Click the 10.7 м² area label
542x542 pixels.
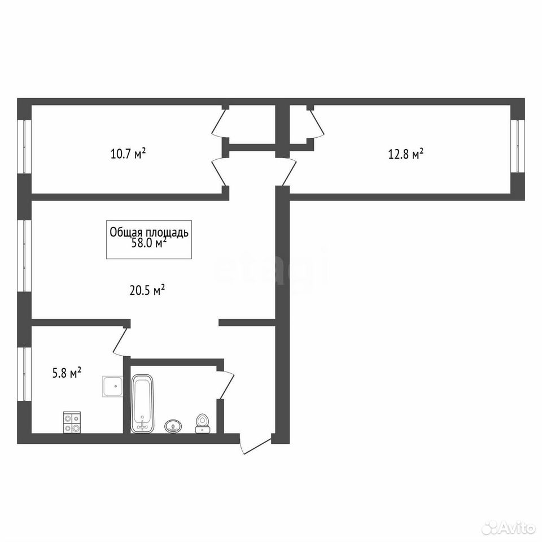pos(128,154)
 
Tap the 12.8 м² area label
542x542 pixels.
pos(406,154)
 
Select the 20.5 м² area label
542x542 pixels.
pos(147,290)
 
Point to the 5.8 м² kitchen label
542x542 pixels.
pos(67,373)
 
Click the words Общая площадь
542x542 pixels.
pos(149,232)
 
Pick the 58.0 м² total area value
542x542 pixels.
pos(149,243)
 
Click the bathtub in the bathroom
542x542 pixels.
pos(142,404)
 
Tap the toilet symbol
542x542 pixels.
pos(202,423)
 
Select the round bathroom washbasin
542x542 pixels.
pos(173,426)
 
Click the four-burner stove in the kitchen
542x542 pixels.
pos(72,422)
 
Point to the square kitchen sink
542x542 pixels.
pos(113,387)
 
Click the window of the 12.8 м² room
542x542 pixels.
pos(518,146)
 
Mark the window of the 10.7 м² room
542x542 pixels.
pos(24,147)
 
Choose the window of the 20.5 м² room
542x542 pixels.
pos(24,256)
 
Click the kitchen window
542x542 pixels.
pos(24,374)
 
